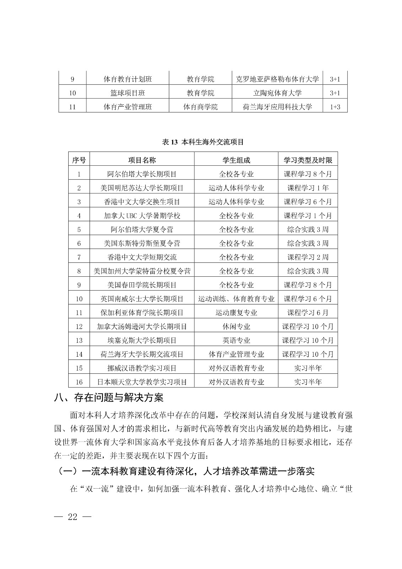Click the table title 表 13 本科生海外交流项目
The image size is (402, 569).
(x=203, y=142)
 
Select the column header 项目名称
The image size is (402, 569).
(x=142, y=160)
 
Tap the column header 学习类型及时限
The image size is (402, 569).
(x=308, y=160)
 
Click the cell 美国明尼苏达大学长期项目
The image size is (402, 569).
(x=142, y=188)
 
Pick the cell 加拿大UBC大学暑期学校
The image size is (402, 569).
(x=142, y=216)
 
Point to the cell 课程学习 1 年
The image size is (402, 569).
(x=308, y=188)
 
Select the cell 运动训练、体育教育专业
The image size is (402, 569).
(x=236, y=299)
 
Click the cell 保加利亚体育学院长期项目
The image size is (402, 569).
(x=142, y=313)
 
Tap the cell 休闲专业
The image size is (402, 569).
(x=236, y=326)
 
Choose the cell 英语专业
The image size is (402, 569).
(x=236, y=340)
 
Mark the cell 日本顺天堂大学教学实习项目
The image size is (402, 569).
(x=142, y=382)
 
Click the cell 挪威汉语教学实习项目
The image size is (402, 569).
(x=142, y=368)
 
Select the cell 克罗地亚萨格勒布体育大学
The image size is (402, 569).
(x=277, y=79)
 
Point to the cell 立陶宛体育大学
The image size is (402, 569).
(x=277, y=93)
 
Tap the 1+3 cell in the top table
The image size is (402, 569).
(x=335, y=107)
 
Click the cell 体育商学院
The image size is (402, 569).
(x=200, y=107)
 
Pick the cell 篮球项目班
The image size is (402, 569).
(x=128, y=93)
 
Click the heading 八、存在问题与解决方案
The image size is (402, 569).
(x=109, y=397)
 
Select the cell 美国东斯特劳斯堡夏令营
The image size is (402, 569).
(x=142, y=243)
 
